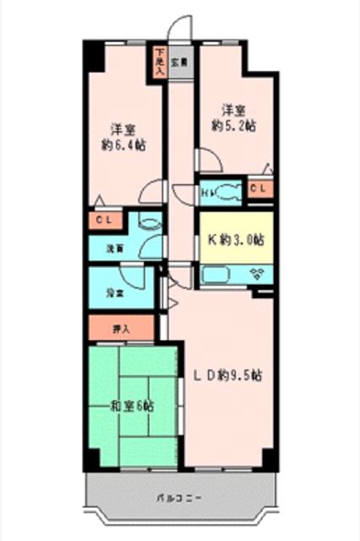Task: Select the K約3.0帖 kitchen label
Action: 236,239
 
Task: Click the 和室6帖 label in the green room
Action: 131,406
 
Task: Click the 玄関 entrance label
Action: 178,63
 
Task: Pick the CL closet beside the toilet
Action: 260,189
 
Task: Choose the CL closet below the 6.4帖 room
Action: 106,221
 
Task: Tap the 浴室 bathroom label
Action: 114,292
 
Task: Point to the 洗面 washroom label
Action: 114,249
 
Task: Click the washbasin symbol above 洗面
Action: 148,222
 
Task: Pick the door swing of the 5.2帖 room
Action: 208,161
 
